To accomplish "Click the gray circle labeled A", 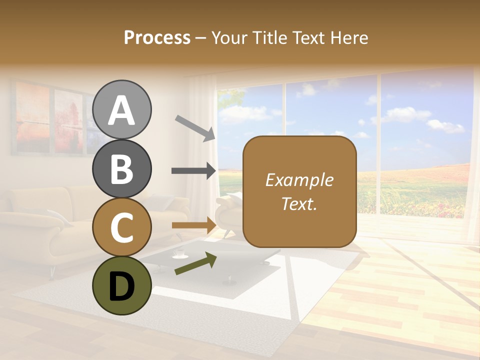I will click(x=121, y=109).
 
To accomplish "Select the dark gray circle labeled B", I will click(x=121, y=168).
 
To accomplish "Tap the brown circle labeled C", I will click(x=121, y=227).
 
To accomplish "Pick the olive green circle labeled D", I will click(x=121, y=285).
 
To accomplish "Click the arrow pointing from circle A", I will click(x=195, y=127).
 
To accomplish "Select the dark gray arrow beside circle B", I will click(x=193, y=171).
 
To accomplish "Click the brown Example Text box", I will click(x=299, y=191).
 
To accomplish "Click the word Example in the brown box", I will click(x=299, y=180).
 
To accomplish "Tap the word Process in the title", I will click(x=157, y=37).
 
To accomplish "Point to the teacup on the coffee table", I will click(x=177, y=254).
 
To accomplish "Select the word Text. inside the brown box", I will click(x=299, y=203).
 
